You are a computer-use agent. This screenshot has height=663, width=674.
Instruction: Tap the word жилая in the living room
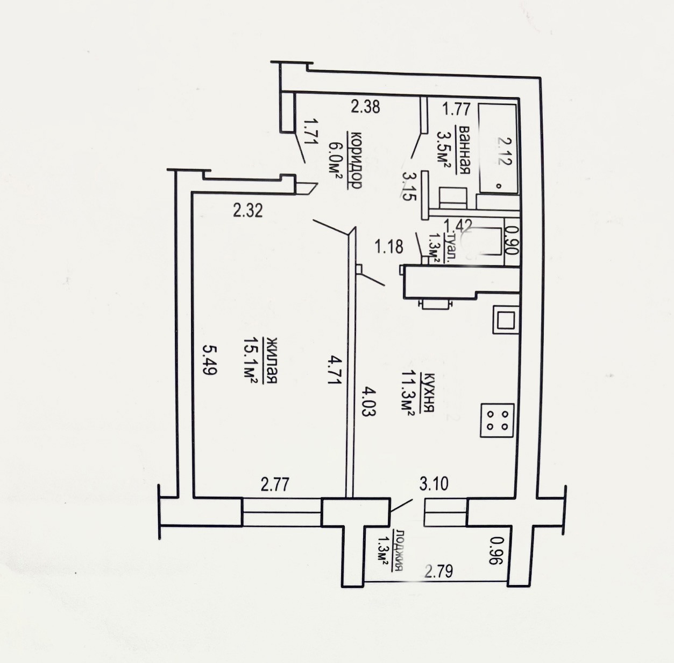click(x=272, y=361)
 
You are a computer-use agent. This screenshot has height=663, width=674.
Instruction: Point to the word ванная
click(x=463, y=150)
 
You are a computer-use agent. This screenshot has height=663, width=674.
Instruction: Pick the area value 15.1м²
click(x=252, y=361)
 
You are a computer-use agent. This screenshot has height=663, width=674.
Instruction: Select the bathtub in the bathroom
click(x=498, y=148)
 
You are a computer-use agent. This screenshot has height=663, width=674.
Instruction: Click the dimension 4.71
click(x=334, y=370)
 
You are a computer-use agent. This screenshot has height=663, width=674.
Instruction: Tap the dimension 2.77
click(x=275, y=485)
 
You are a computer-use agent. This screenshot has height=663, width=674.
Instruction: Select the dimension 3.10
click(x=434, y=484)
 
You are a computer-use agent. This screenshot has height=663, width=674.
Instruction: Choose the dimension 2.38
click(x=365, y=107)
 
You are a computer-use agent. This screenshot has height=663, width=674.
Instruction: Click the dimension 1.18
click(x=389, y=247)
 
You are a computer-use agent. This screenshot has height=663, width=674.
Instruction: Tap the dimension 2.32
click(x=248, y=211)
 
